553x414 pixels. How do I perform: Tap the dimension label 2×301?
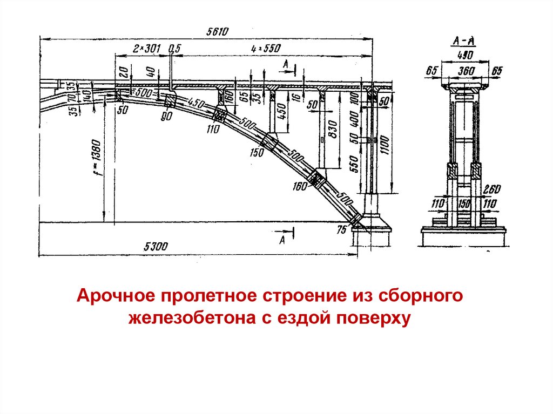146,49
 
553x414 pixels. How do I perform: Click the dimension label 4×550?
266,49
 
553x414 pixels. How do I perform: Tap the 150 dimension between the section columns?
464,203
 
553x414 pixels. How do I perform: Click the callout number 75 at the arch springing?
341,229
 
